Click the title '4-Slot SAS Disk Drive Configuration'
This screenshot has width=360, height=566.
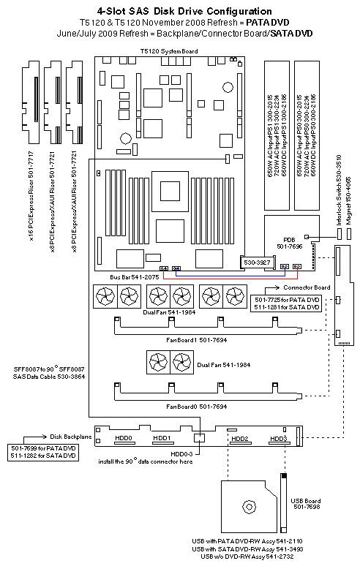tap(179, 12)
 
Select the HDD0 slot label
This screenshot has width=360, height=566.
tap(125, 438)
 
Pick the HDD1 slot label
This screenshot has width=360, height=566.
tap(162, 438)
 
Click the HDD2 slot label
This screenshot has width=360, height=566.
tap(241, 439)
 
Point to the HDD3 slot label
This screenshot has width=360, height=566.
tap(277, 439)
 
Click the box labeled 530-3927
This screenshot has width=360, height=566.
tap(257, 260)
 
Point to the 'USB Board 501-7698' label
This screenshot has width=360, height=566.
tap(306, 505)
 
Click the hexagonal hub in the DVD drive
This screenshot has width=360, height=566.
tap(250, 505)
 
